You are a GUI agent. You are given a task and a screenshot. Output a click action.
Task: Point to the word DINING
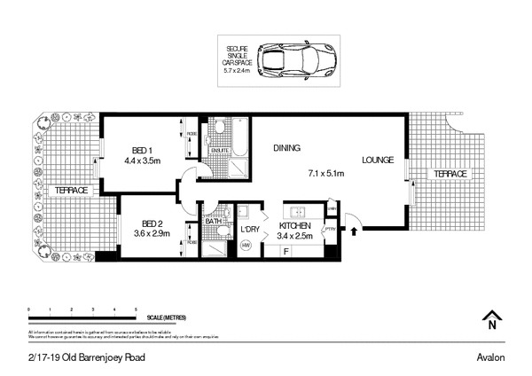point(287,148)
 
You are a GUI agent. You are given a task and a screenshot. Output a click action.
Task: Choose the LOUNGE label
point(379,161)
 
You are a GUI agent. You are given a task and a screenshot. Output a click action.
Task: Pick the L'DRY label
point(250,229)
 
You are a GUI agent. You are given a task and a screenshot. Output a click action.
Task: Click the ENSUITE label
point(219,151)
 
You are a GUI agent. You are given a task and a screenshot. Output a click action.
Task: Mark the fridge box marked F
point(286,252)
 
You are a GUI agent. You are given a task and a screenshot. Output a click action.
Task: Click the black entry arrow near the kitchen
point(355,232)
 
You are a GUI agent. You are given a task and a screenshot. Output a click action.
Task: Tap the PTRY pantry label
point(329,228)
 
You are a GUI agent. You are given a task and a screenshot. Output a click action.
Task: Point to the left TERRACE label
point(70,191)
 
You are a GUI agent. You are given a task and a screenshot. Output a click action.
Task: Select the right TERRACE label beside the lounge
point(450,174)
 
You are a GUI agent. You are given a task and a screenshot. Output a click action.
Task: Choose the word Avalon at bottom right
point(490,357)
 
